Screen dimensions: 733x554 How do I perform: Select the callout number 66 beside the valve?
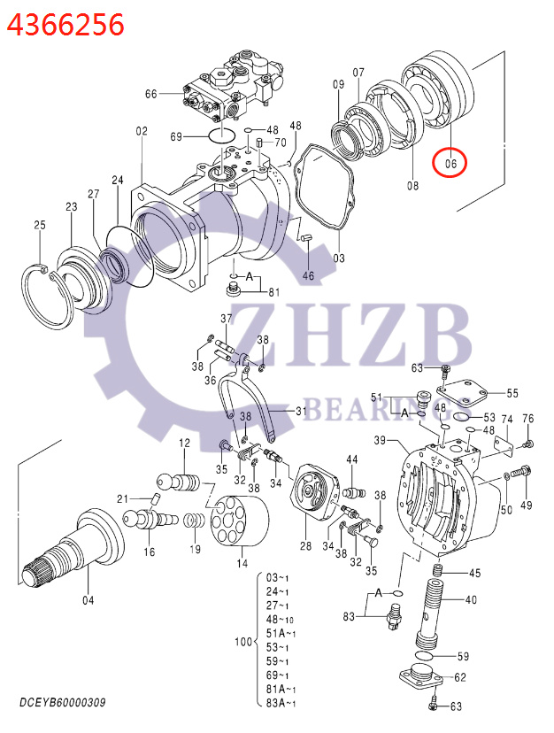click(x=150, y=94)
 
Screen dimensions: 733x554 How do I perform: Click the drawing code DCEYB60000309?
click(x=63, y=703)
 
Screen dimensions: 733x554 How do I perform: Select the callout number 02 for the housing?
click(x=141, y=131)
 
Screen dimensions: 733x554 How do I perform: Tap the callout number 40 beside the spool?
click(x=470, y=599)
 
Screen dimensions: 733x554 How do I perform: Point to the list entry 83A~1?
click(x=282, y=703)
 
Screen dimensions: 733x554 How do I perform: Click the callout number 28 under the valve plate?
click(x=304, y=546)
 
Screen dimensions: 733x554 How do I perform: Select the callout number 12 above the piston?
click(x=184, y=443)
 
